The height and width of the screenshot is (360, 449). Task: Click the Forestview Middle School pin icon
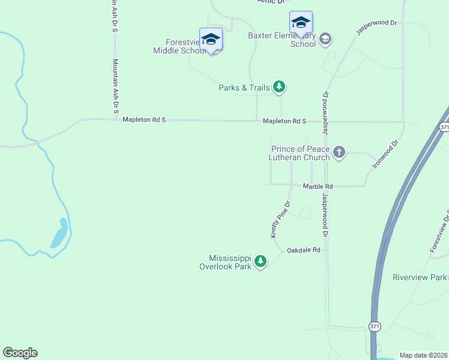tap(211, 40)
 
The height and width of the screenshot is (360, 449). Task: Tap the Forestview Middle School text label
tap(179, 46)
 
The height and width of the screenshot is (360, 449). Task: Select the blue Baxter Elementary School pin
tap(301, 23)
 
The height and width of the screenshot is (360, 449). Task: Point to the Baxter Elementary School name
tap(282, 40)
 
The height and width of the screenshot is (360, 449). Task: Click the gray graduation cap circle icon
tap(325, 40)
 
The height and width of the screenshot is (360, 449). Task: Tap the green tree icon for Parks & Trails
tap(279, 88)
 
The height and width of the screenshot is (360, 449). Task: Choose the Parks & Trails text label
tap(244, 88)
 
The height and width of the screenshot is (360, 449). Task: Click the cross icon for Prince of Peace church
tap(339, 152)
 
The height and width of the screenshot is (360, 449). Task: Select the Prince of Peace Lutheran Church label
tap(300, 153)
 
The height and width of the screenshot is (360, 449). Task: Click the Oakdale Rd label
tap(303, 250)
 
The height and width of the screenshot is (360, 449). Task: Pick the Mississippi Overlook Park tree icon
tap(260, 262)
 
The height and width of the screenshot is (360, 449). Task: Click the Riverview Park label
tap(420, 277)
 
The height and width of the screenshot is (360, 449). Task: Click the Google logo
tap(20, 353)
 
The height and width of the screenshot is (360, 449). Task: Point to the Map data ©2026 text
tap(424, 355)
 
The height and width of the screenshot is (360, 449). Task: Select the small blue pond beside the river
tap(59, 233)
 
